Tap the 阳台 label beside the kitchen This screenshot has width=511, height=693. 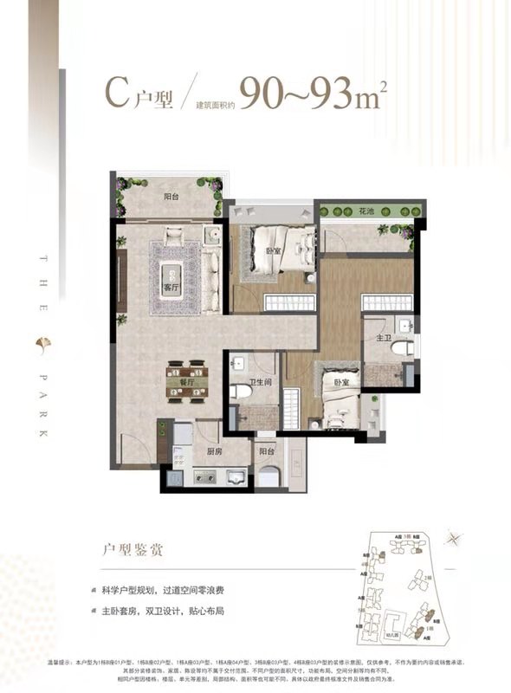point(263,450)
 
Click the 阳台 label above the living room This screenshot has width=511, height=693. point(171,197)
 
